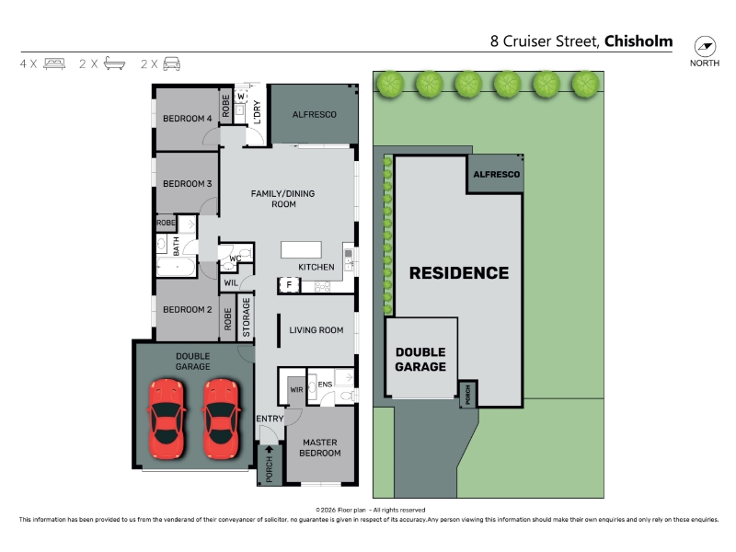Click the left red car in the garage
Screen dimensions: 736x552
coord(167,419)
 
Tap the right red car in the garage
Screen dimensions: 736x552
coord(221,419)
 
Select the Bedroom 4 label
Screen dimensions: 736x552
coord(188,119)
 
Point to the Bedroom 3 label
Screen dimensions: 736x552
coord(188,183)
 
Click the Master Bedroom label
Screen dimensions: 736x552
coord(319,447)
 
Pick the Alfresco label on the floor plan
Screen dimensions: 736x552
coord(315,114)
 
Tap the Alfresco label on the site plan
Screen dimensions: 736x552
coord(496,174)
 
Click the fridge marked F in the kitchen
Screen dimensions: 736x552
coord(289,284)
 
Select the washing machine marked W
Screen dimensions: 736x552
coord(241,97)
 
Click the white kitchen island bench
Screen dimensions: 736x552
coord(301,249)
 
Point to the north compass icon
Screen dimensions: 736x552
coord(705,47)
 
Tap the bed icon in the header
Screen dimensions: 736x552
coord(54,63)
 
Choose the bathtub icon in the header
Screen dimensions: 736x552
coord(114,63)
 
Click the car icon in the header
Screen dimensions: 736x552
coord(172,63)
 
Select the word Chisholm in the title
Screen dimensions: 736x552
coord(638,41)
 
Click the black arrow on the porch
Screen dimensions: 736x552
coord(269,449)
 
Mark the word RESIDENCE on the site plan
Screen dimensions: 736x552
coord(458,273)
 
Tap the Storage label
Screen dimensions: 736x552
coord(247,317)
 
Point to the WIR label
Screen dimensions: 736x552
coord(296,389)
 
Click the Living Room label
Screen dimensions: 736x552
coord(316,330)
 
